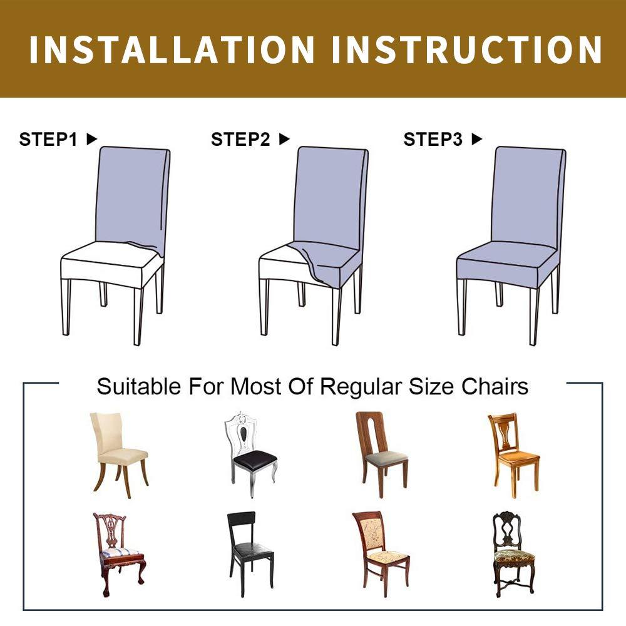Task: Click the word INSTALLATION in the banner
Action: click(172, 49)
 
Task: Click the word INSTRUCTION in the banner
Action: click(467, 49)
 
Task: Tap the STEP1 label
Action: click(48, 140)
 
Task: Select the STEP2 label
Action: click(240, 140)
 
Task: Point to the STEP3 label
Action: click(433, 140)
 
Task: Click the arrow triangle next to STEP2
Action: click(284, 139)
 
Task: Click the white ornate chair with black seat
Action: click(250, 454)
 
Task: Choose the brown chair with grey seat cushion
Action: click(381, 455)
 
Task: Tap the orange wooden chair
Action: click(513, 456)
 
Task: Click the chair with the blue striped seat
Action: click(120, 555)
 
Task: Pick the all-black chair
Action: click(250, 554)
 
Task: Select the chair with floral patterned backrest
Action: click(381, 554)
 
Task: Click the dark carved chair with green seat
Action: click(513, 554)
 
